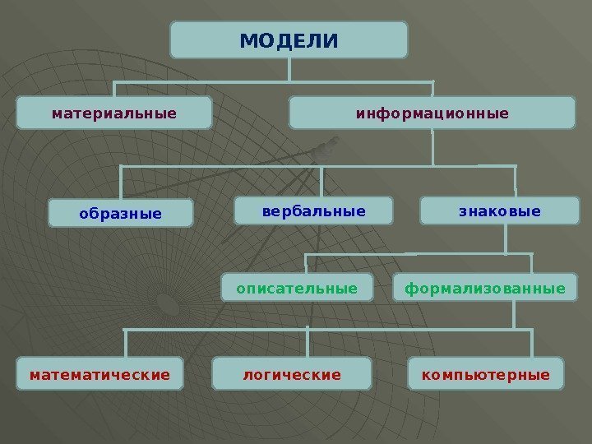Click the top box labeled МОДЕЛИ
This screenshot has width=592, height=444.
coord(289,39)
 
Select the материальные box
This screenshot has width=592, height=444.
coord(114,113)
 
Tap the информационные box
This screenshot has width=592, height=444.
coord(432,113)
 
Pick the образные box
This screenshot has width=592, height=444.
coord(121,213)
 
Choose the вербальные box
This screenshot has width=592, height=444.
coord(313,211)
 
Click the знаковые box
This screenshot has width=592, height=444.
coord(499,211)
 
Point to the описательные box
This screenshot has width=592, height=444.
coord(298,289)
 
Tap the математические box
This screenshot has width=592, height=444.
coord(99,374)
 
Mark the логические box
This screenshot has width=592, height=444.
coord(291,374)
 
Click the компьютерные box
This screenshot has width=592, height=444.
coord(486,374)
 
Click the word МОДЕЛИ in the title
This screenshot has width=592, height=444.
coord(289,40)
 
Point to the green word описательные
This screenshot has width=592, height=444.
coord(298,289)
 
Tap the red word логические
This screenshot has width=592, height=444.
coord(291,375)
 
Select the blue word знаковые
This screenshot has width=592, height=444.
coord(499,211)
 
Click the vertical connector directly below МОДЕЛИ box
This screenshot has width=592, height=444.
coord(289,70)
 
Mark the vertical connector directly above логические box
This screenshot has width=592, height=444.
coord(307,343)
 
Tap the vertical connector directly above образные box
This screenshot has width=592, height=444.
coord(121,182)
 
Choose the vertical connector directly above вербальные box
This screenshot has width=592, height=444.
coord(322,182)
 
